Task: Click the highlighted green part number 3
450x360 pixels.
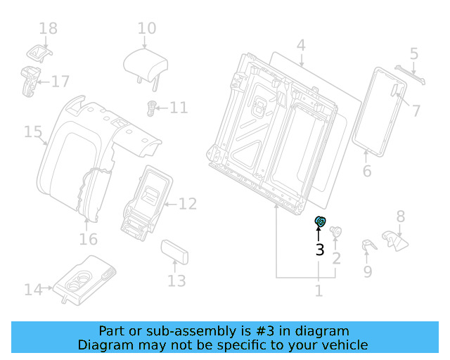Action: click(320, 222)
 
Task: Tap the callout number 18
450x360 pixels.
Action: click(48, 29)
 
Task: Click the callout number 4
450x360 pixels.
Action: click(301, 47)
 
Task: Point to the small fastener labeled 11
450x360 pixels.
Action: click(150, 107)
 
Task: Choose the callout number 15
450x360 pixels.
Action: click(33, 132)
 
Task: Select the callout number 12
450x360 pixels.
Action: click(188, 205)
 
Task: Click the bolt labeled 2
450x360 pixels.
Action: click(336, 232)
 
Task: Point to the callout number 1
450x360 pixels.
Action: click(319, 290)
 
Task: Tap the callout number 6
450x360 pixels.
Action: click(366, 172)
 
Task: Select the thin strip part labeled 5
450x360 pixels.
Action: click(411, 74)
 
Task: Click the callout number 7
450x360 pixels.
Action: click(416, 110)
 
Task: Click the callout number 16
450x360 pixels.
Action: click(88, 240)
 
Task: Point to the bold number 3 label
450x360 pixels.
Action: click(319, 250)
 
